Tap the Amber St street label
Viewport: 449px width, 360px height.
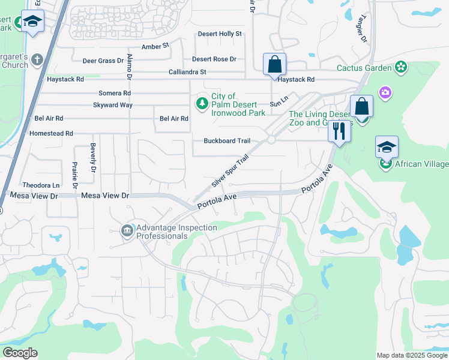click(155, 46)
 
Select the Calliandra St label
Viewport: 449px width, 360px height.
click(187, 72)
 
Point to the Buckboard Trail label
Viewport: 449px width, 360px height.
click(226, 141)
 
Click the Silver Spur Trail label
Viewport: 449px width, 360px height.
click(230, 171)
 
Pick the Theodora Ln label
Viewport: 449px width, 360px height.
click(41, 185)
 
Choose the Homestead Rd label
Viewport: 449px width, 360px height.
click(51, 133)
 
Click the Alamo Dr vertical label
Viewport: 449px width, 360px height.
click(129, 67)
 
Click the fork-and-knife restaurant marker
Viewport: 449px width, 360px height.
click(339, 130)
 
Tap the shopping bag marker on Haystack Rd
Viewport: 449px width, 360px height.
click(274, 64)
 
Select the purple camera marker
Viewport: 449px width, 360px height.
click(385, 92)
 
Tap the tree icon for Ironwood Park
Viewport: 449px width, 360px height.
click(203, 104)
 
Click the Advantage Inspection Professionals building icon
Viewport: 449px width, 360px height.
click(127, 231)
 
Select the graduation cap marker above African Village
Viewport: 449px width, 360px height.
click(387, 147)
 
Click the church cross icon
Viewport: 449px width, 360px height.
click(37, 60)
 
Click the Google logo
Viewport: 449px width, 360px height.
click(20, 353)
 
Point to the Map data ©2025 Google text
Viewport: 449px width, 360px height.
click(411, 355)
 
